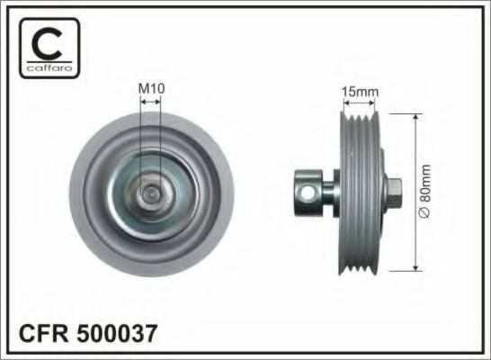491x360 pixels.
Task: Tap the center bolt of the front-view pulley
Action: [x=151, y=191]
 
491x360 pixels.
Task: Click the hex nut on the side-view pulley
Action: [x=395, y=191]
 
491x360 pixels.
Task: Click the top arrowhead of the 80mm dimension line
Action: [x=415, y=118]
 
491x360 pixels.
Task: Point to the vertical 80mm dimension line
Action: [x=415, y=162]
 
